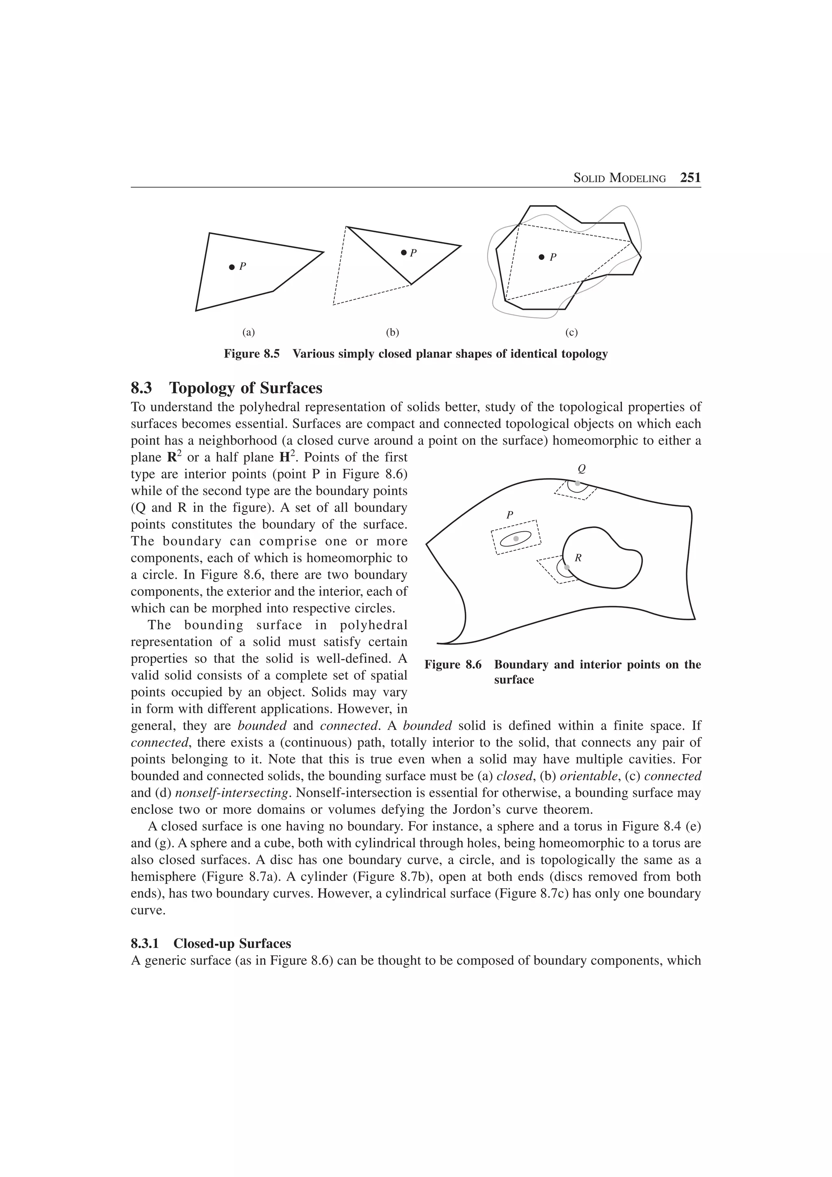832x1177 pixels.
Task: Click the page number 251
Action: tap(690, 178)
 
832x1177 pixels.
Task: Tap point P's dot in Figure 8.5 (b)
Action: tap(403, 252)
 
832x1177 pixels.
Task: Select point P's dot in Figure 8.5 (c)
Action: tap(542, 257)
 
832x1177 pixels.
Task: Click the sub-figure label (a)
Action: tap(248, 333)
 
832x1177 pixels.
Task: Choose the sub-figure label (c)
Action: tap(572, 333)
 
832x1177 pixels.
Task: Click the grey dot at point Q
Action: tap(577, 483)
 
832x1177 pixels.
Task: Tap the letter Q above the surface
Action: tap(581, 469)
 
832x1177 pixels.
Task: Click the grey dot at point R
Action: tap(566, 567)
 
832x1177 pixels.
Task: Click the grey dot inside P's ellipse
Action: tap(516, 538)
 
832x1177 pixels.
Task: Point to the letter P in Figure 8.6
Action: tap(509, 515)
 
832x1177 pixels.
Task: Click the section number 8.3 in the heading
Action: tap(141, 388)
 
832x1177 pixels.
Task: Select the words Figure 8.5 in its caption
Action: tap(252, 354)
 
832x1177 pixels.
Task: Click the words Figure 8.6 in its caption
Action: tap(453, 665)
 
